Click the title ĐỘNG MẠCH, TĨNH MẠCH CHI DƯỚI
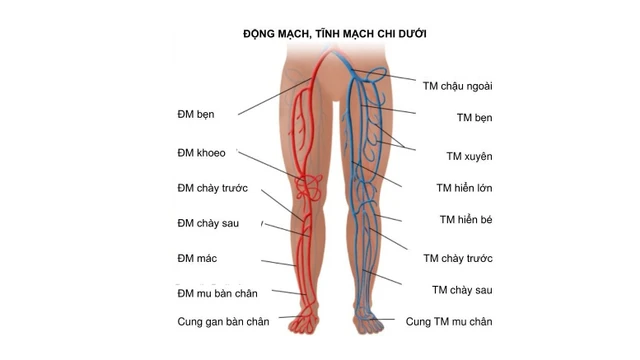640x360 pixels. [336, 33]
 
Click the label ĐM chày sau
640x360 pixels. [208, 222]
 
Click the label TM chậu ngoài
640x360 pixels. [459, 85]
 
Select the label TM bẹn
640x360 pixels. [475, 117]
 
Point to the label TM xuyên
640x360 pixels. [469, 156]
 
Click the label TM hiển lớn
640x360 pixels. [464, 187]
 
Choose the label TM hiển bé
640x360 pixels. [466, 219]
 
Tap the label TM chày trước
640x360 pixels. [458, 258]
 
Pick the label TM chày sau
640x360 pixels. [462, 290]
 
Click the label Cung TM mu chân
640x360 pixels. [449, 321]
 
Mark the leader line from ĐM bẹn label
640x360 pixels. [275, 99]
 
